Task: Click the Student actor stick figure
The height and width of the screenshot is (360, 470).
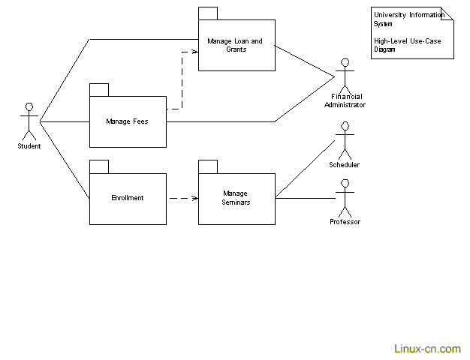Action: tap(29, 120)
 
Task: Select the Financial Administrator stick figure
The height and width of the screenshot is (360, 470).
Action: tap(345, 74)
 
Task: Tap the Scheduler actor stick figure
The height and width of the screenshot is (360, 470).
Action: tap(345, 142)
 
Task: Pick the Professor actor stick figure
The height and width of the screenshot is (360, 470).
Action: tap(345, 199)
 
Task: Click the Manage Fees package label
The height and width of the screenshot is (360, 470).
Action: tap(127, 121)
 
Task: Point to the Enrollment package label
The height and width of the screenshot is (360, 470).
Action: tap(127, 198)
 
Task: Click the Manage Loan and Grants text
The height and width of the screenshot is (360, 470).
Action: tap(235, 45)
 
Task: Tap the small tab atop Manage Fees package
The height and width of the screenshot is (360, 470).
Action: tap(98, 89)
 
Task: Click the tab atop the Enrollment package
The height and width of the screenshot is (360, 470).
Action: tap(98, 166)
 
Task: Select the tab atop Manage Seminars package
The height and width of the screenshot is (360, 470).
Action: tap(207, 166)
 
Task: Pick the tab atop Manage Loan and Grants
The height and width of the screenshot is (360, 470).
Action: tap(207, 13)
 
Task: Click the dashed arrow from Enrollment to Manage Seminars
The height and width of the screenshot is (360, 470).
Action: tap(182, 199)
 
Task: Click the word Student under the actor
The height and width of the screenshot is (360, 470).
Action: tap(29, 146)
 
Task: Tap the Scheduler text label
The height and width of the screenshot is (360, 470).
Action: tap(344, 165)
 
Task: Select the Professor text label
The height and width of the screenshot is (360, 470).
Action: tap(345, 222)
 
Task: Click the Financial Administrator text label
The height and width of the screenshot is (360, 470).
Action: tap(345, 100)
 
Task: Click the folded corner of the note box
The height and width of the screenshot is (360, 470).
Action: tap(449, 14)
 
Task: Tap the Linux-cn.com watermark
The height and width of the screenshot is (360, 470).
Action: tap(427, 349)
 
